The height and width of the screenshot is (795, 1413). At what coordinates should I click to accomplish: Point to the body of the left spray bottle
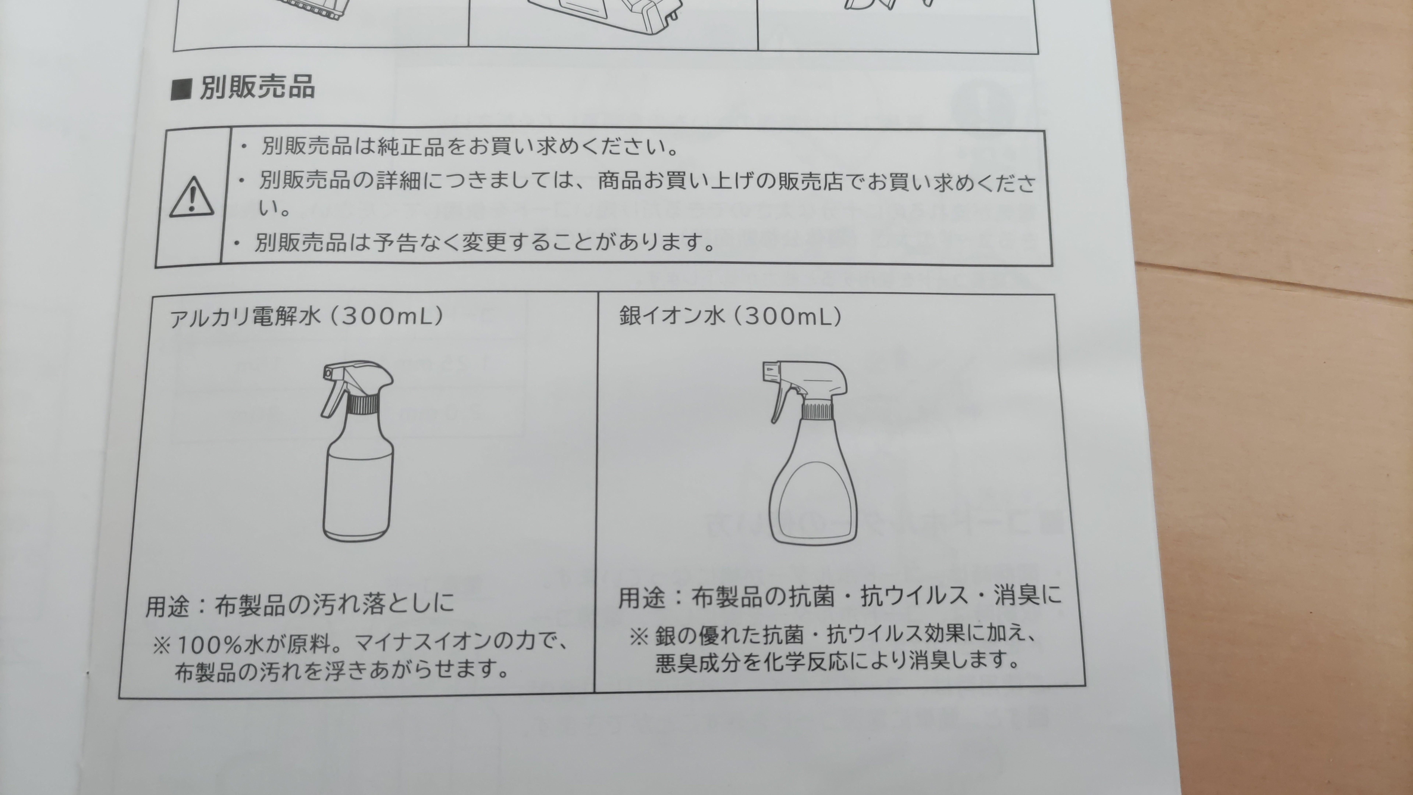(x=358, y=483)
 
